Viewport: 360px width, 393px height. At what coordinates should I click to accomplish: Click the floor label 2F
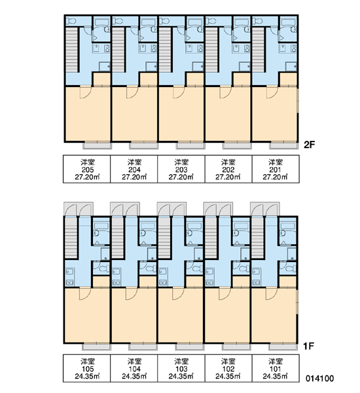[309, 145]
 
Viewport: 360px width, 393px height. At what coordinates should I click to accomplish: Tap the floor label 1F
[308, 346]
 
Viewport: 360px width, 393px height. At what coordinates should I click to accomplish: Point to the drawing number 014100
[319, 378]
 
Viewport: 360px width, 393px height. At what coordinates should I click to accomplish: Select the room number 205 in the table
[88, 170]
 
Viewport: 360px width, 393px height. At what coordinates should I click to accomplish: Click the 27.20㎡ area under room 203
[181, 177]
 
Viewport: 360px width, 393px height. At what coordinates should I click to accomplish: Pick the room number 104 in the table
[134, 369]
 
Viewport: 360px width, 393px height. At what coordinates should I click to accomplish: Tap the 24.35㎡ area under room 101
[275, 376]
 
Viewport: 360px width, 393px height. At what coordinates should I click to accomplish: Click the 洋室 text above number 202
[228, 162]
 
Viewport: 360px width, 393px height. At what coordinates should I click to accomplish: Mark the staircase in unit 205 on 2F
[71, 50]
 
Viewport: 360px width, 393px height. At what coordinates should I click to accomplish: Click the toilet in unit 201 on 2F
[257, 21]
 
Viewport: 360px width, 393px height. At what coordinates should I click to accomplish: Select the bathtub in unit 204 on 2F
[149, 22]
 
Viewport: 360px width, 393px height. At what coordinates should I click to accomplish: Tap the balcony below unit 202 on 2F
[237, 145]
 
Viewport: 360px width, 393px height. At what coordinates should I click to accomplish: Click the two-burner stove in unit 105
[69, 282]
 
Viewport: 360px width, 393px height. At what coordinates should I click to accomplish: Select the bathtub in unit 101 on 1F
[288, 226]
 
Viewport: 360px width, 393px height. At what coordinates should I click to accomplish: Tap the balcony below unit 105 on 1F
[96, 347]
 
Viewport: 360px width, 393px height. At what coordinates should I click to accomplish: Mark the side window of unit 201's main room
[298, 100]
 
